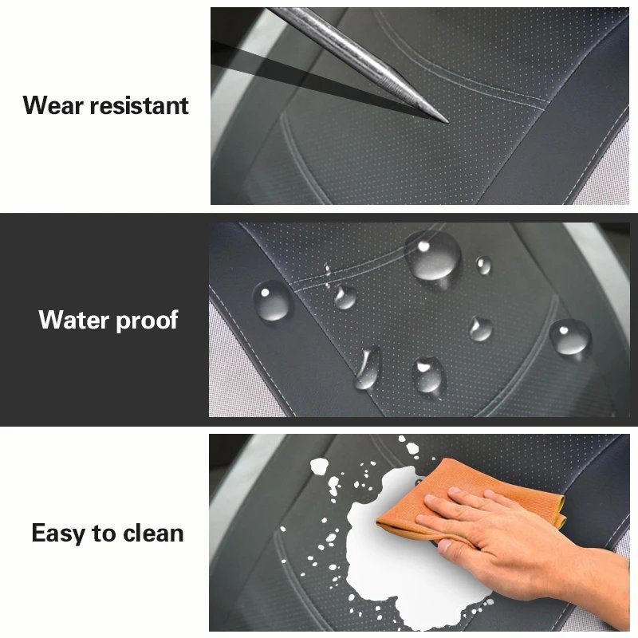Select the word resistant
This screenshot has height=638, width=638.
click(139, 105)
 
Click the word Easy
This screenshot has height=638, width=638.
click(58, 534)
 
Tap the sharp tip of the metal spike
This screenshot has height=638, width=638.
click(447, 122)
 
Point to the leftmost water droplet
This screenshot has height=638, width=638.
click(272, 301)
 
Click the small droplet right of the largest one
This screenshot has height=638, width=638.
click(484, 265)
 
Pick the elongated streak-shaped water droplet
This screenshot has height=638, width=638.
click(368, 368)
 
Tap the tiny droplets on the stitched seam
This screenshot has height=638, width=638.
click(327, 275)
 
